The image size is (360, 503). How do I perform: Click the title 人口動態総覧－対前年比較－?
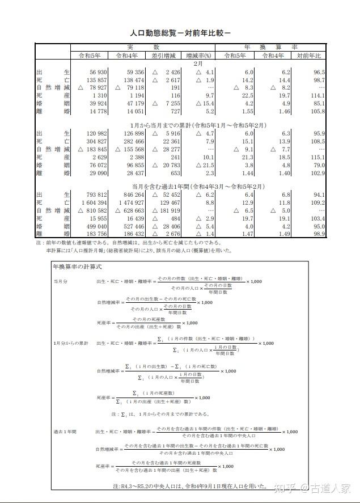tap(180, 33)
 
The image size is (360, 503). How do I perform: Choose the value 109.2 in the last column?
tap(316, 202)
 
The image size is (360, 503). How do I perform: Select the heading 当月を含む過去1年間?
tap(179, 185)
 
